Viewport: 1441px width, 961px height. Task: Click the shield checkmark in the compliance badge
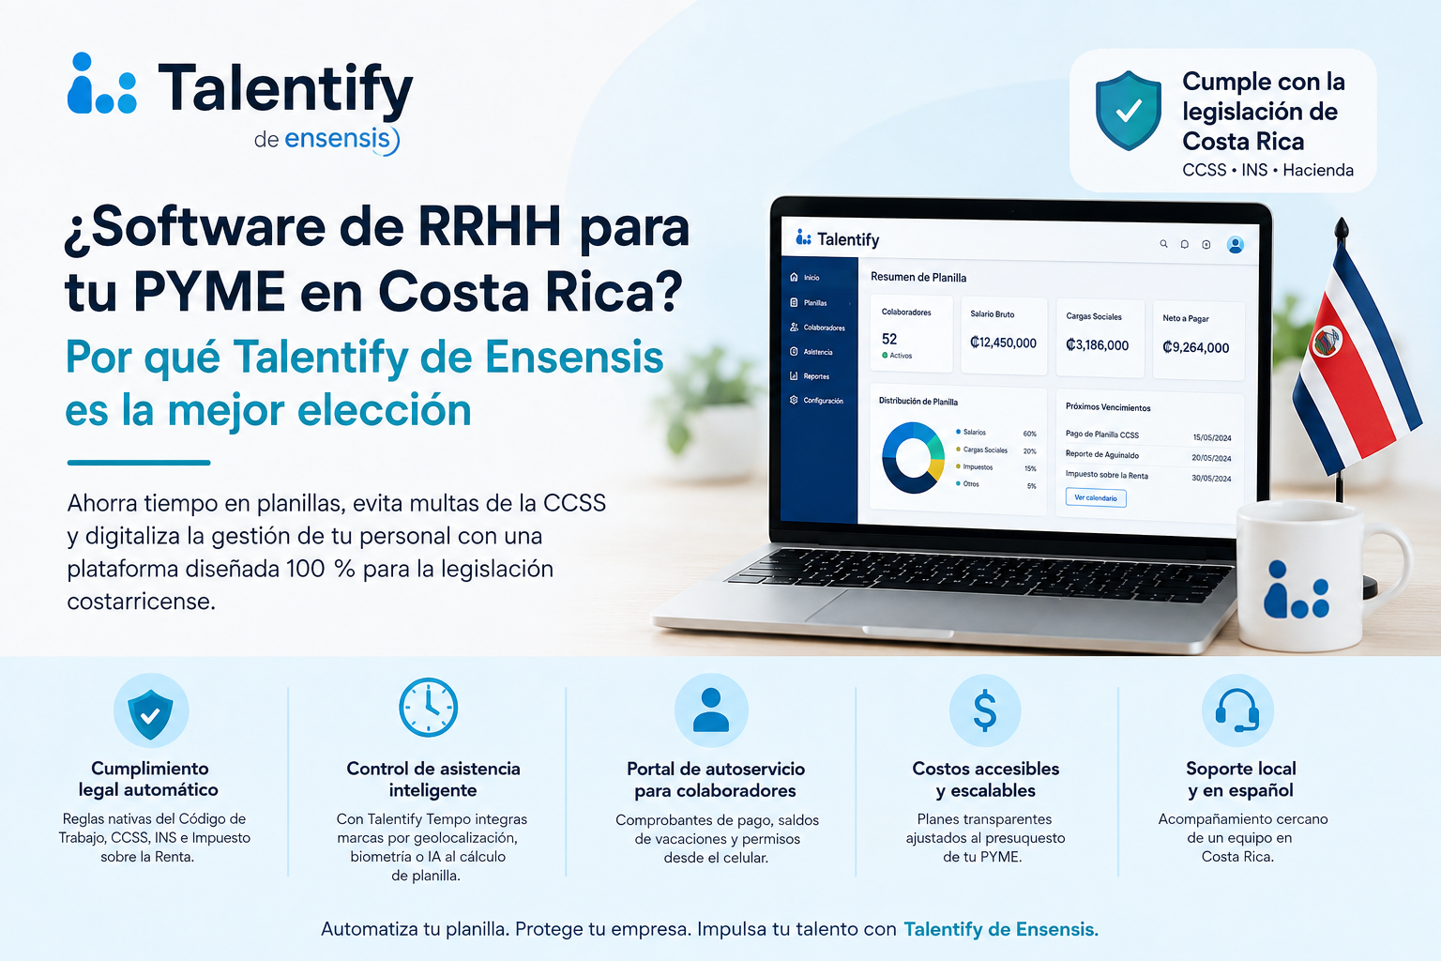pos(1129,111)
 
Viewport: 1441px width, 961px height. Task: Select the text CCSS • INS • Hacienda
pos(1268,170)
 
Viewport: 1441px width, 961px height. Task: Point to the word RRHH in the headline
pos(490,226)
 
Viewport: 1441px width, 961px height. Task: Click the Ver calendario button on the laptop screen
pos(1096,497)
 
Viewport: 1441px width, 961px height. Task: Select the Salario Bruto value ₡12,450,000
pos(1003,343)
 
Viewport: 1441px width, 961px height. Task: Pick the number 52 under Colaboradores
pos(889,339)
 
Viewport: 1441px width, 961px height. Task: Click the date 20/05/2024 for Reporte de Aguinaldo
pos(1211,458)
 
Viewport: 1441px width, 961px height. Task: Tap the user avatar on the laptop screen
pos(1236,245)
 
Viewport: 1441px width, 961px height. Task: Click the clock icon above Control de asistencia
pos(428,707)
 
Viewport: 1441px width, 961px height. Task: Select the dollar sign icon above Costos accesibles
pos(985,710)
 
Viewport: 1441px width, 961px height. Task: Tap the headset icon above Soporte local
pos(1237,710)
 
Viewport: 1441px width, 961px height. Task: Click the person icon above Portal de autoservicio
pos(711,710)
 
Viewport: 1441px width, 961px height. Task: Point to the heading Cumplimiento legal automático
pos(148,779)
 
